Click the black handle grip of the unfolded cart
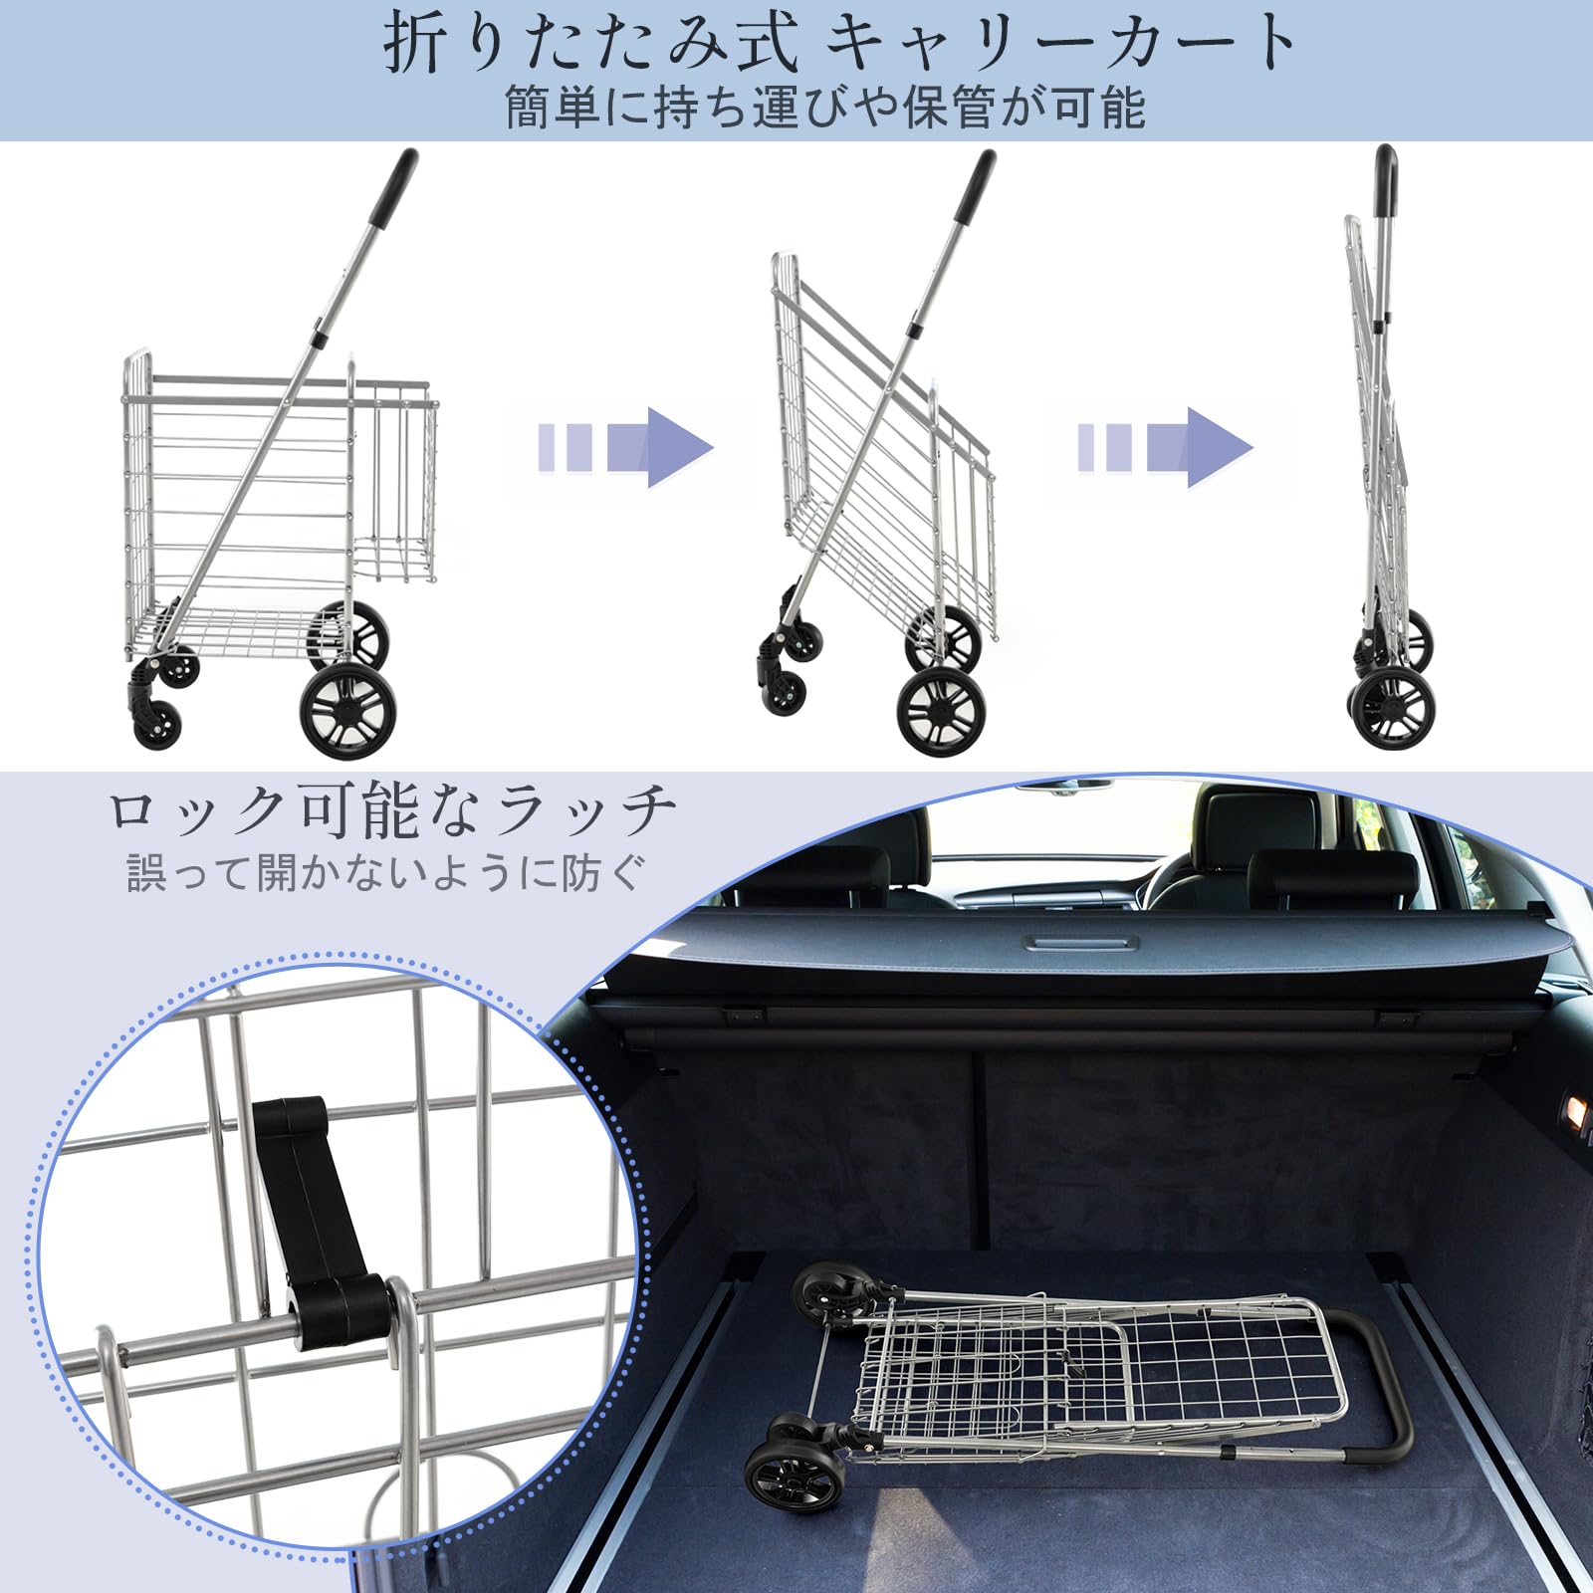[394, 188]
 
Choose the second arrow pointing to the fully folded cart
[1165, 447]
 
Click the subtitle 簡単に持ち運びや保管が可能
[825, 107]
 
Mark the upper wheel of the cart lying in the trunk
[826, 1295]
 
